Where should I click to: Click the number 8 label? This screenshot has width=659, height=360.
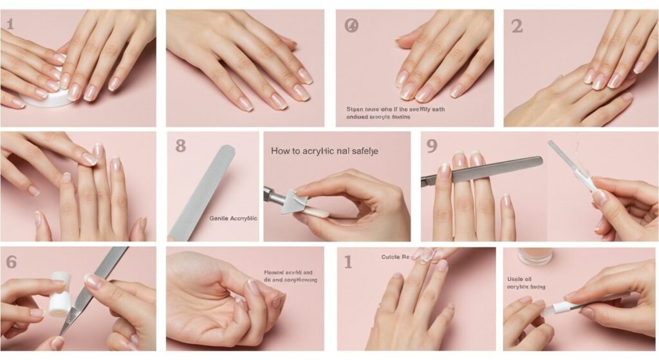point(180,146)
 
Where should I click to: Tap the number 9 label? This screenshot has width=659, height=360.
point(432,146)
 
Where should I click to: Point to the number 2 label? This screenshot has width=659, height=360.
point(516,26)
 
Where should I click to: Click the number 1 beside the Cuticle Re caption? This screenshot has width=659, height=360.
point(348,261)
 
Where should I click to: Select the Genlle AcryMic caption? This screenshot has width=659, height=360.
point(233,218)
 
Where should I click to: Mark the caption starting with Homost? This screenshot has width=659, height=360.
point(290,276)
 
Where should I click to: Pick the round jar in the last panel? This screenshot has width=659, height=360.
point(535,256)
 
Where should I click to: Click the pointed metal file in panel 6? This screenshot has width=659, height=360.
point(93,290)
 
